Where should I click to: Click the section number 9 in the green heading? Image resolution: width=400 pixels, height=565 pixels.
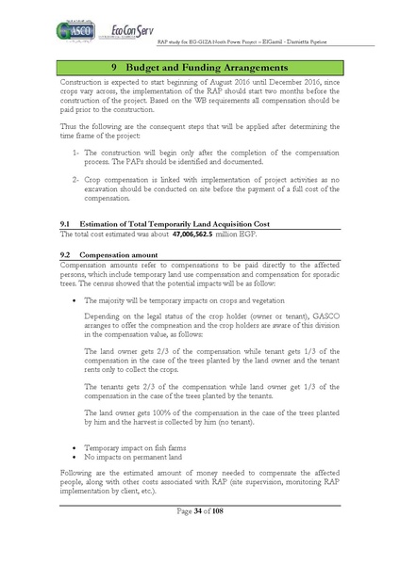point(114,69)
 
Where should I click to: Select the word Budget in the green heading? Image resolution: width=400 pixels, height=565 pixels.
point(150,69)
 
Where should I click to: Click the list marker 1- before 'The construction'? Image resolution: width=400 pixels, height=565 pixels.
point(75,151)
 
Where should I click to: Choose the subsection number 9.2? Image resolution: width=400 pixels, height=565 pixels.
point(66,255)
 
